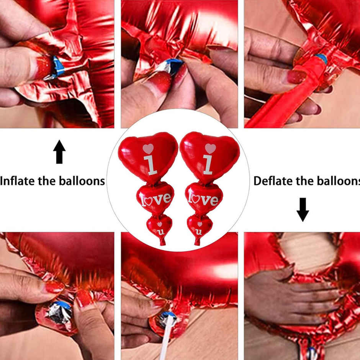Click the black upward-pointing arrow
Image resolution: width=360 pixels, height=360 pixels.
pyautogui.click(x=59, y=152)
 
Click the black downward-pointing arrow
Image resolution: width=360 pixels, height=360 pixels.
pyautogui.click(x=303, y=209)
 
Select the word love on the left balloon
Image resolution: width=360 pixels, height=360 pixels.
pyautogui.click(x=156, y=199)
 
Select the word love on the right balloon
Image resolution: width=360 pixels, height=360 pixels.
pyautogui.click(x=204, y=199)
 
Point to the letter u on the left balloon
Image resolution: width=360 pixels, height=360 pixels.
pyautogui.click(x=161, y=231)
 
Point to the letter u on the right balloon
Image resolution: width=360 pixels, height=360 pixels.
pyautogui.click(x=198, y=231)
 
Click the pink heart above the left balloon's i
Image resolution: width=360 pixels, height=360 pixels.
pyautogui.click(x=148, y=149)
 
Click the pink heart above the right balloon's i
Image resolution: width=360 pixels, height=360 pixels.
pyautogui.click(x=210, y=148)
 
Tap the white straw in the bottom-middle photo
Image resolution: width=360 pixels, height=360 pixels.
pyautogui.click(x=166, y=341)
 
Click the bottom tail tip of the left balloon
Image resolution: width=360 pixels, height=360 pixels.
pyautogui.click(x=162, y=243)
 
